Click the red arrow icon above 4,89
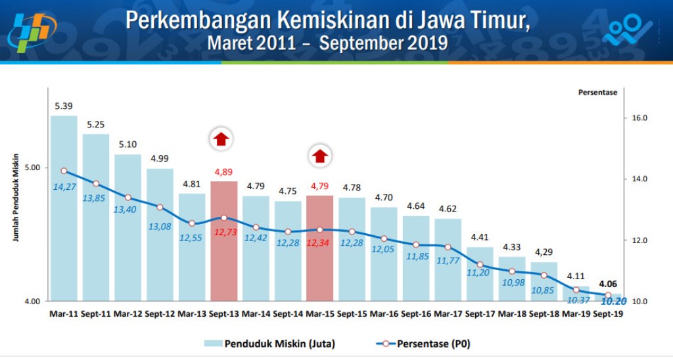click(x=221, y=139)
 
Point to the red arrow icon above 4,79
click(x=319, y=156)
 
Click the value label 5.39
click(x=64, y=106)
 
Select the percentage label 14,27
click(x=64, y=186)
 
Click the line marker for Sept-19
click(x=608, y=295)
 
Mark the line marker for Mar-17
click(x=448, y=247)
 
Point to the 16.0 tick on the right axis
click(x=639, y=118)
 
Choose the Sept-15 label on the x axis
click(x=352, y=314)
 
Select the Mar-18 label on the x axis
click(x=512, y=314)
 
